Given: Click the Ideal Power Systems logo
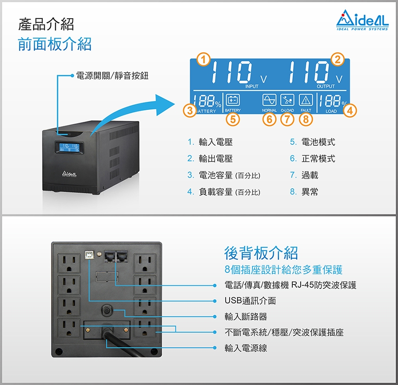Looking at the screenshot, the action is (x=362, y=20).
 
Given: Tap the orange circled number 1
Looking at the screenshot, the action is (x=203, y=59).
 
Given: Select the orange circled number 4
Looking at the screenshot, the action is (x=350, y=111).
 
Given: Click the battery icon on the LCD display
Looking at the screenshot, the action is (x=233, y=100).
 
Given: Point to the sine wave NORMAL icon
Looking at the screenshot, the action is (x=269, y=100).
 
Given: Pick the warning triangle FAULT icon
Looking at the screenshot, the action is (x=306, y=100).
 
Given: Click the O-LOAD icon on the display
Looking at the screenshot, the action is (x=287, y=100).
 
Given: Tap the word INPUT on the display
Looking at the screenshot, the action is (x=252, y=86).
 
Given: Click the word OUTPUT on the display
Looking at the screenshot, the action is (x=325, y=86).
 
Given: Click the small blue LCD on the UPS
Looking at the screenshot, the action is (x=69, y=148).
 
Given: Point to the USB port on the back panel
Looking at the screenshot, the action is (x=89, y=255).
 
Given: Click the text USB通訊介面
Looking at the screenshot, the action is (x=250, y=301).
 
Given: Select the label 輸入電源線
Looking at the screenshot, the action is (x=246, y=348).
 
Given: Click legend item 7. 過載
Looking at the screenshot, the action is (x=304, y=175).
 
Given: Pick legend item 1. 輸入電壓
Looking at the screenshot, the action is (x=210, y=142).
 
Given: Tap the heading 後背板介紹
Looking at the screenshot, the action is (x=261, y=253).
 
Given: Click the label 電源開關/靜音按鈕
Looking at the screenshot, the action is (x=112, y=75).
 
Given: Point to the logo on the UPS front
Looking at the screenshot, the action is (x=69, y=174).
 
